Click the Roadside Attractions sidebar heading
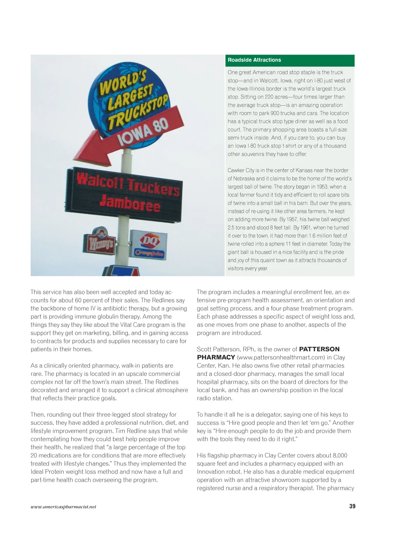pyautogui.click(x=254, y=60)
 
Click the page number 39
pyautogui.click(x=352, y=506)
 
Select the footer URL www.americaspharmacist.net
pyautogui.click(x=63, y=507)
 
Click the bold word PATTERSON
pyautogui.click(x=319, y=349)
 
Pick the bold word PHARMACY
pyautogui.click(x=216, y=357)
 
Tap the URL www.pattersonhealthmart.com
pyautogui.click(x=275, y=357)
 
